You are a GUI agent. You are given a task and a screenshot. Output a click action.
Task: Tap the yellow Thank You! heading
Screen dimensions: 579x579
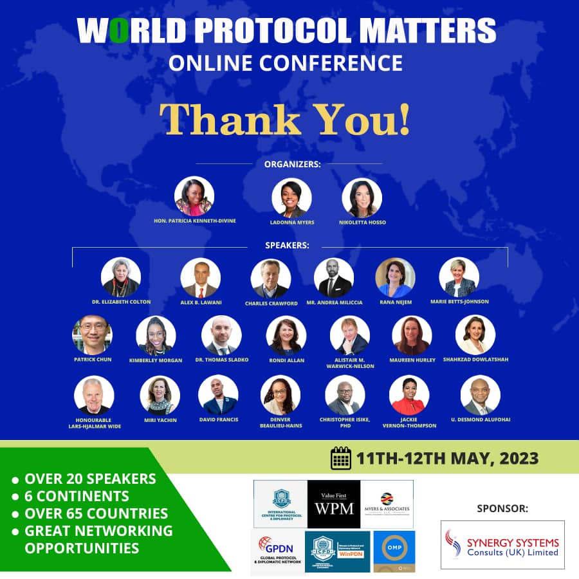(x=284, y=119)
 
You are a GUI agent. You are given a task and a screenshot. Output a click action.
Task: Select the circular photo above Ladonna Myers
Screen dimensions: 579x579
(x=291, y=198)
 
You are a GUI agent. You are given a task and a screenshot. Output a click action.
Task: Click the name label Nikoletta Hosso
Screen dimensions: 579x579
(x=362, y=222)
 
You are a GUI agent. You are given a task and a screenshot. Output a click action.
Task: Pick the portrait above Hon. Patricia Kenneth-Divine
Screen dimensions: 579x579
(x=194, y=196)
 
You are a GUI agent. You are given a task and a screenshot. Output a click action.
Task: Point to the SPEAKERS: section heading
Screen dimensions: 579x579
(x=287, y=245)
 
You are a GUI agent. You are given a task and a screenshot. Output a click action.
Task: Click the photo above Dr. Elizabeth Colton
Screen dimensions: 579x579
(x=121, y=277)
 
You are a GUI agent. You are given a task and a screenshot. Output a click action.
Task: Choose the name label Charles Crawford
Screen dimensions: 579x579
(x=271, y=303)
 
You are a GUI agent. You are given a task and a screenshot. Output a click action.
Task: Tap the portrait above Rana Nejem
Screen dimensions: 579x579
(x=395, y=277)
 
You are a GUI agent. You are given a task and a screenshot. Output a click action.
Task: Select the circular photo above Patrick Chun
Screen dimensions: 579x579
(x=93, y=335)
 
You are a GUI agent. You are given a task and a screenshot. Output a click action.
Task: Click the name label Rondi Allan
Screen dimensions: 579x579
(x=286, y=360)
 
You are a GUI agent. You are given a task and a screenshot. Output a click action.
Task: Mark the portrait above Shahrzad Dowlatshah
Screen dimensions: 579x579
(x=475, y=335)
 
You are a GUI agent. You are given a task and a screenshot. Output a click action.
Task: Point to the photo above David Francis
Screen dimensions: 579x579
(x=218, y=395)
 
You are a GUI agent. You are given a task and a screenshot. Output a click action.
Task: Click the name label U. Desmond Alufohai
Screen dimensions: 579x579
(x=481, y=419)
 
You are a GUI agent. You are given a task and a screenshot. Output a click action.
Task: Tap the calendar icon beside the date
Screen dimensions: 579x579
(x=341, y=459)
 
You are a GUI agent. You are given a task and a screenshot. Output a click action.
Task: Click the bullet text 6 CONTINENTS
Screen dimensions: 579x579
(x=77, y=496)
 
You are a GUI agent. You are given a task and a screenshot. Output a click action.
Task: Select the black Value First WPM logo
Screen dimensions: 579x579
(x=333, y=504)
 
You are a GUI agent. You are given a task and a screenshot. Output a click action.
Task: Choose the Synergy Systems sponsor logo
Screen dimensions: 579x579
(x=502, y=544)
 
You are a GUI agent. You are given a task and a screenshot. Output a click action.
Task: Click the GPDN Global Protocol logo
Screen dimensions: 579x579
(x=276, y=551)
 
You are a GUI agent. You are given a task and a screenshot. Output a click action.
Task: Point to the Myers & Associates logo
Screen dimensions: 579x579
(x=387, y=504)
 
